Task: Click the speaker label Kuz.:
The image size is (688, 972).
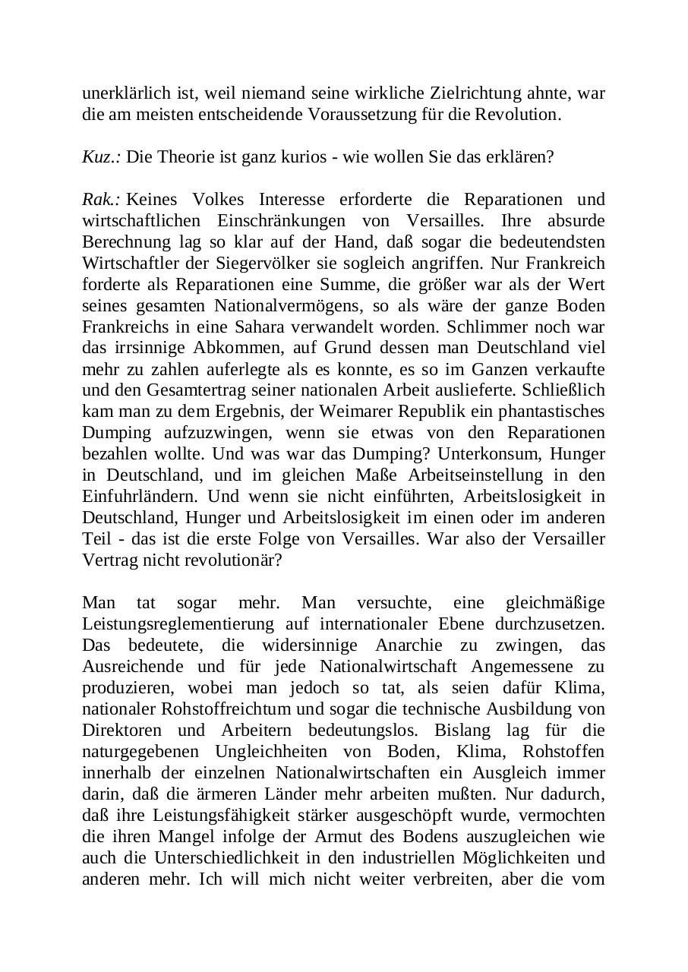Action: tap(102, 157)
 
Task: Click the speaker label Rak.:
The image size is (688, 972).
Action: tap(101, 200)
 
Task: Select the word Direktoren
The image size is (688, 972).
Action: tap(122, 731)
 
